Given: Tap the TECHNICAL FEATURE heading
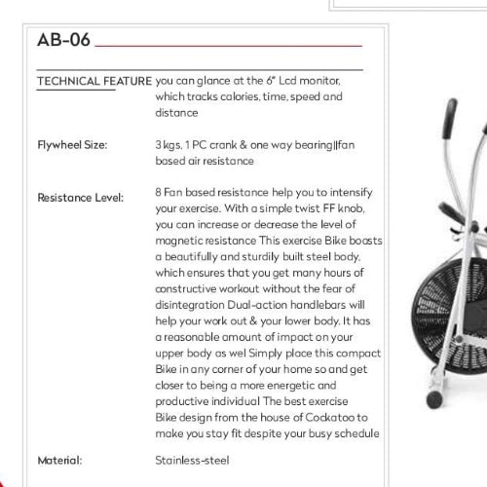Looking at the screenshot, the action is coord(94,82).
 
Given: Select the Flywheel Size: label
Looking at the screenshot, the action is coord(72,145).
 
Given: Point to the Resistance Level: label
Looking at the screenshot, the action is coord(81,198).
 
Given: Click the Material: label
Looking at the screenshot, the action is coord(58,459).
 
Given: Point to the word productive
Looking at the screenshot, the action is coord(185,402).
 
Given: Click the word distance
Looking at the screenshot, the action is coord(176,113).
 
